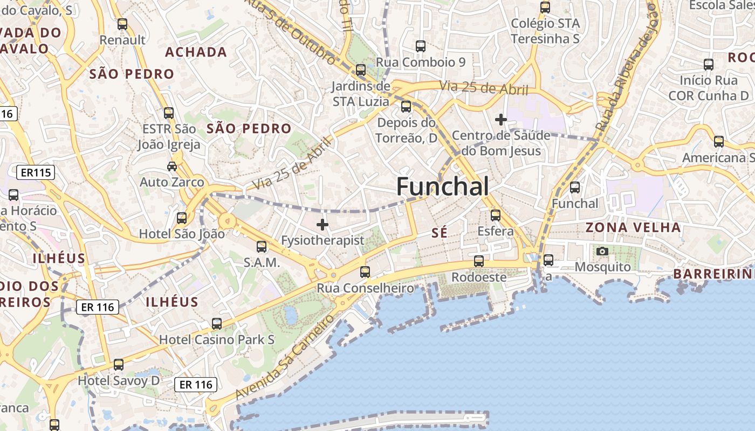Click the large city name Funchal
click(x=443, y=186)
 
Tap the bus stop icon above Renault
click(x=122, y=24)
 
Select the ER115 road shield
click(x=36, y=172)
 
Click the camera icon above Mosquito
click(x=602, y=251)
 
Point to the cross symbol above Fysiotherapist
click(x=322, y=224)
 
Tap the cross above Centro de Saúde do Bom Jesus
click(x=501, y=119)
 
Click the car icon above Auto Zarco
click(x=172, y=166)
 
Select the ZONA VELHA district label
click(x=633, y=227)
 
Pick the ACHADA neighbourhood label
click(x=196, y=52)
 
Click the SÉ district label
click(x=440, y=233)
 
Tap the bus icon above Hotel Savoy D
click(x=119, y=365)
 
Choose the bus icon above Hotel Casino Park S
click(x=217, y=324)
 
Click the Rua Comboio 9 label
click(x=421, y=62)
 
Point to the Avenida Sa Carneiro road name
click(x=284, y=357)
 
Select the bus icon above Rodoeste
click(x=478, y=261)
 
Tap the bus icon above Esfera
click(x=495, y=215)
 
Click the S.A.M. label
click(x=262, y=263)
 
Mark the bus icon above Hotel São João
click(x=182, y=218)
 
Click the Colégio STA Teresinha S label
click(x=545, y=31)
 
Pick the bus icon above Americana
click(x=718, y=142)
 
